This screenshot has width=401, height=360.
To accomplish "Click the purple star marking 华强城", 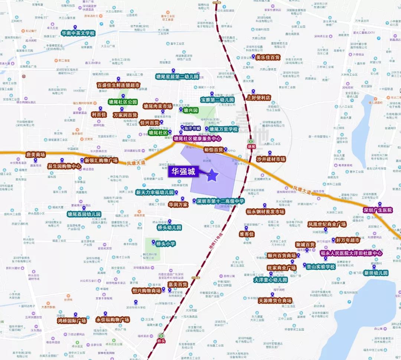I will point(212,176).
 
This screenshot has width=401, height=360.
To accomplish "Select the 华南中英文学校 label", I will point(78,33).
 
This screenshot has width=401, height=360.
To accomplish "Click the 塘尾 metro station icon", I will point(251,141).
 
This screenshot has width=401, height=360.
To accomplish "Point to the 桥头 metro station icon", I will point(161,336).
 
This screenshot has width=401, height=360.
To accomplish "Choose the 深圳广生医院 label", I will point(378,210).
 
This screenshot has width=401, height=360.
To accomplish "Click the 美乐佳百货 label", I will point(268,58).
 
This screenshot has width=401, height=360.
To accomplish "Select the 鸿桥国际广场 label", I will point(72,320).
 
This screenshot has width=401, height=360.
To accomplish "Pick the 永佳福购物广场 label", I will point(113,320).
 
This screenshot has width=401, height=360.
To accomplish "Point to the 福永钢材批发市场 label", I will point(265,212).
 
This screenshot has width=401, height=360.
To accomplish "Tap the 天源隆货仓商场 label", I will point(275,301).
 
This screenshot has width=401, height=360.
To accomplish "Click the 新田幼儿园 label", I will point(376,273).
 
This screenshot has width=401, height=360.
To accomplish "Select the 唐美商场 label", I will point(35,154).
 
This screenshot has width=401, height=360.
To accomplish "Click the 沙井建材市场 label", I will point(271,159).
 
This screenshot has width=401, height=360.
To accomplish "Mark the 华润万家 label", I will point(178,204).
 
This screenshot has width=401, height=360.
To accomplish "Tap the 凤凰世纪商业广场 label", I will point(327,224).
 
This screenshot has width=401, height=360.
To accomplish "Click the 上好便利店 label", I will point(258,98).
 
